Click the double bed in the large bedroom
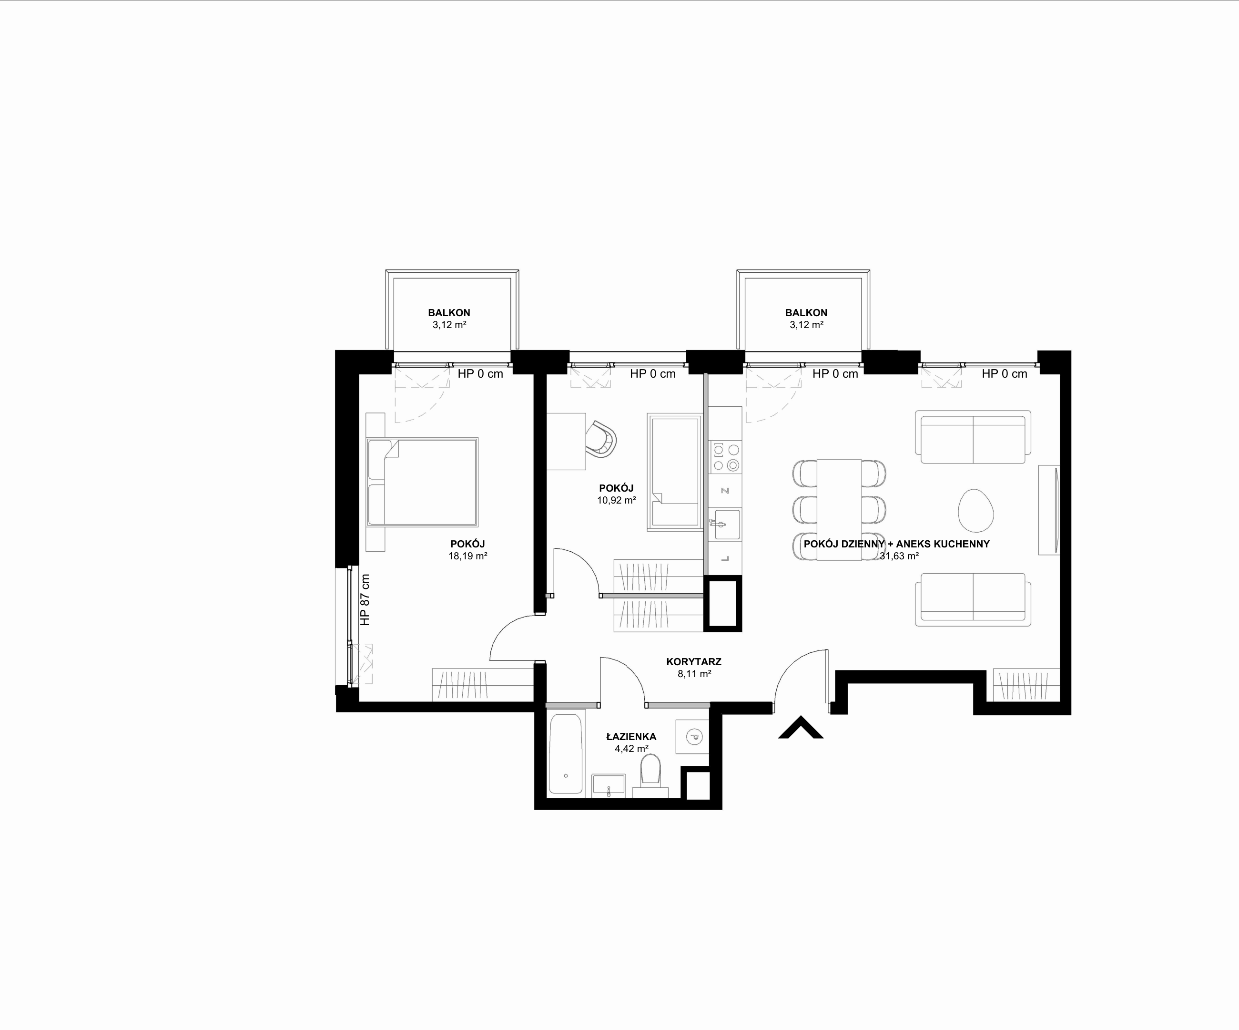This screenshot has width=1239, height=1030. click(422, 482)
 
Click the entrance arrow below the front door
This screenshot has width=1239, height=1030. click(801, 728)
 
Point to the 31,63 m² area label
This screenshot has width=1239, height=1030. click(899, 556)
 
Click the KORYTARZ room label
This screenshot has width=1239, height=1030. click(694, 662)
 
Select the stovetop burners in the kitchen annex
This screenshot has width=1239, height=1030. click(726, 457)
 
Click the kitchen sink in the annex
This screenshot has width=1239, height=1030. click(725, 525)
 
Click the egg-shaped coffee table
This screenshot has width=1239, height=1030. click(976, 510)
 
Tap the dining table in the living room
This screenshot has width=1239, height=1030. click(840, 509)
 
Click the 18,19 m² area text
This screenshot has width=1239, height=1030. click(468, 556)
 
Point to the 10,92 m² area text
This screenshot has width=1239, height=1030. click(617, 500)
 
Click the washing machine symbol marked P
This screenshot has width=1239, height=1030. click(693, 737)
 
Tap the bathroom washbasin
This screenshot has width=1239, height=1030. click(608, 786)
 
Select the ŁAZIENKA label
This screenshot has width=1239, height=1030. click(631, 737)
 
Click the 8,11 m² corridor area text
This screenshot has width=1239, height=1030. click(694, 673)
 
